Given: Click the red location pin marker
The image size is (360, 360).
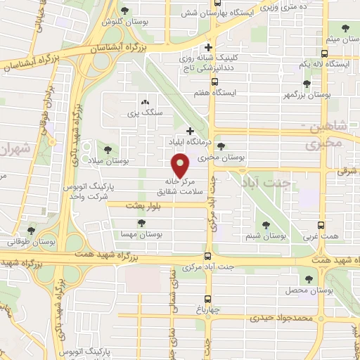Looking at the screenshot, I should point(181,166).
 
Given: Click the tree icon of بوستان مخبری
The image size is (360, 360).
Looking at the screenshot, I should point(222,146).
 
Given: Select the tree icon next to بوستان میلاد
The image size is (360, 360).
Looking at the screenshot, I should point(108,149).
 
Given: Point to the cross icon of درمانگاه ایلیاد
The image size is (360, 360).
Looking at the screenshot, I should point(190,130).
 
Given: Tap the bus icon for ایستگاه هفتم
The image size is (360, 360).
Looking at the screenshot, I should point(214,81).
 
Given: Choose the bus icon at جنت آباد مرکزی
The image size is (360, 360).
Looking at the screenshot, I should point(207,257).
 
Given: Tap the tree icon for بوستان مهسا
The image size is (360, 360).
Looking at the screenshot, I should point(142,223).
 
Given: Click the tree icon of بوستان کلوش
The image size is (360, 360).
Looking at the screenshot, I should point(125,10).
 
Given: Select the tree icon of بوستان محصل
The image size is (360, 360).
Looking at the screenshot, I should point(309,278).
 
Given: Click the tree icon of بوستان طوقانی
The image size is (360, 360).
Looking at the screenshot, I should point(30,230).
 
